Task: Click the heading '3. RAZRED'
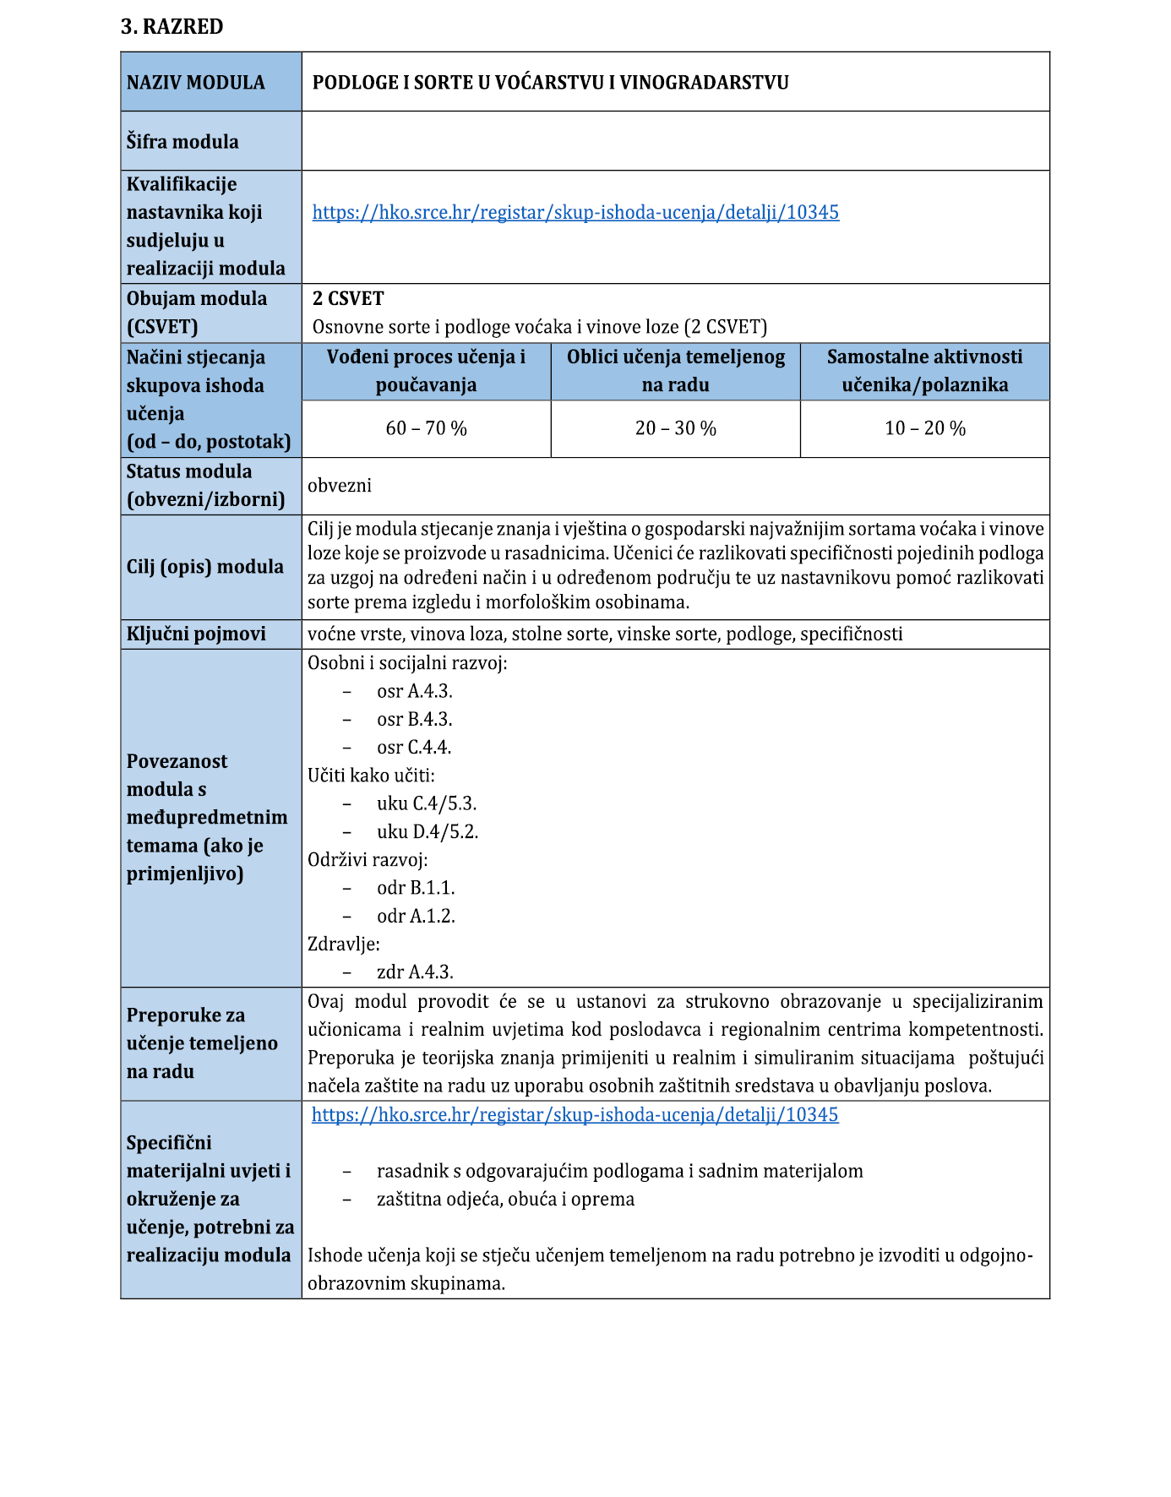click(172, 27)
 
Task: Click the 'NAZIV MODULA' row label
click(196, 83)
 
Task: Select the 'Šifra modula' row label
click(182, 142)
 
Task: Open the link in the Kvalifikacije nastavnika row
click(575, 213)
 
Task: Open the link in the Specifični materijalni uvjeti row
click(575, 1115)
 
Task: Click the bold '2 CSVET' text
click(348, 299)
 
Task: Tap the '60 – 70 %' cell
click(426, 429)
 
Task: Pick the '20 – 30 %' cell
click(675, 429)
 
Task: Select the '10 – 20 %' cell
click(924, 429)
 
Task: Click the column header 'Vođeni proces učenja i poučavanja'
click(426, 371)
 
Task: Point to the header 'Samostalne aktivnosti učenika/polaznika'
click(924, 371)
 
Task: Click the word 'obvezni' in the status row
click(340, 486)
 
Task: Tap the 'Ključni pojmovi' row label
click(196, 634)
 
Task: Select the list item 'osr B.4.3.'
click(415, 720)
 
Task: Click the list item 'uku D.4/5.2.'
click(428, 832)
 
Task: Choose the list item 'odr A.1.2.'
click(416, 917)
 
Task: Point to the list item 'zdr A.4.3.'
click(415, 972)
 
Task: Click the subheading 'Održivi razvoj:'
click(368, 860)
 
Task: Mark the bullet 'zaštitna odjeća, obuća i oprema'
click(505, 1200)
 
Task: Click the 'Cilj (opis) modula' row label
click(205, 567)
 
